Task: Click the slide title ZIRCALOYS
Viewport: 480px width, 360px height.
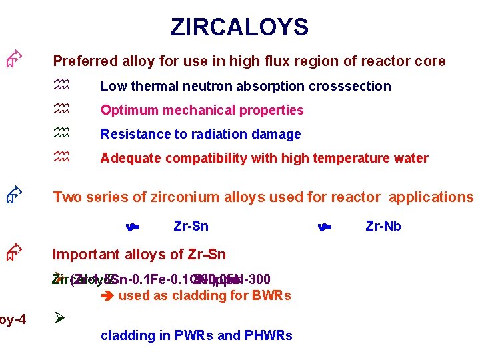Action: click(x=239, y=27)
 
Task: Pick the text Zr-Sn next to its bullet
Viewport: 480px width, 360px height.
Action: click(x=191, y=226)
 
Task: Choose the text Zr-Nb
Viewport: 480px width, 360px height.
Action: click(x=383, y=226)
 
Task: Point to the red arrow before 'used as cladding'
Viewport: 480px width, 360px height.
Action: click(x=107, y=295)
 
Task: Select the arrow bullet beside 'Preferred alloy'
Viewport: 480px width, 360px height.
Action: click(x=14, y=61)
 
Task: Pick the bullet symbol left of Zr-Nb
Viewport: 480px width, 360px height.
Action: click(x=325, y=227)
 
